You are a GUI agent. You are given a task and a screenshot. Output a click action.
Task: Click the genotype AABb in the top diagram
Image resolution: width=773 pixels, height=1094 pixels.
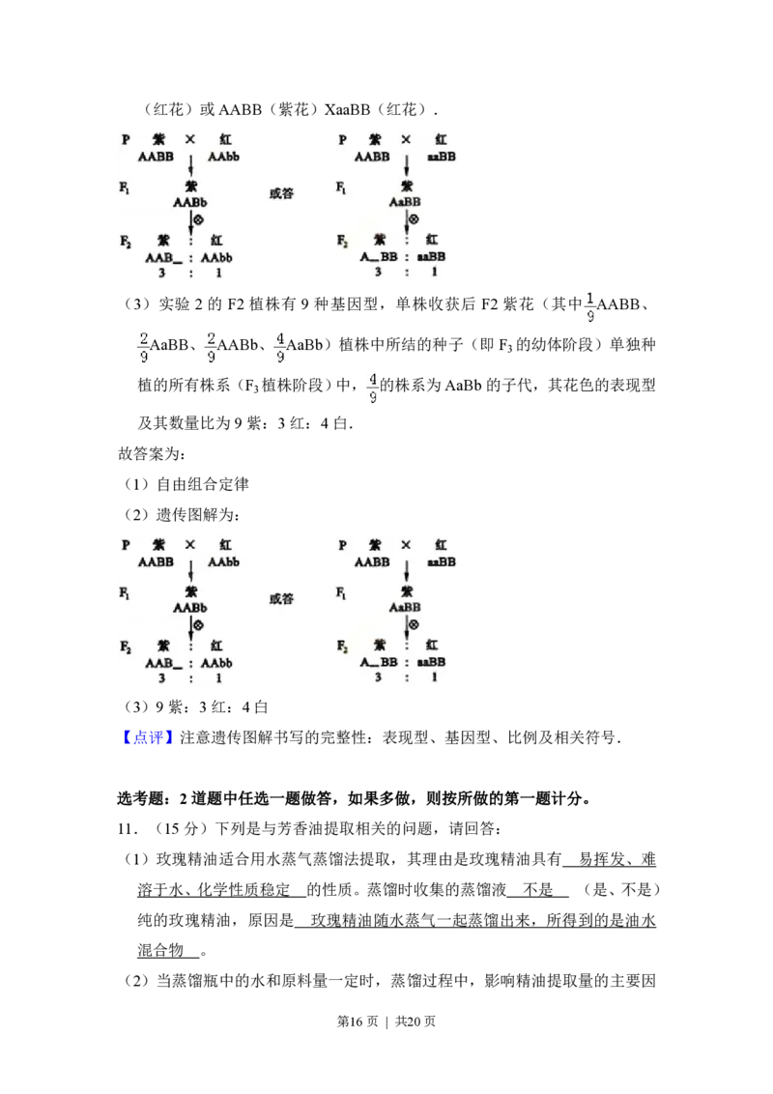(190, 203)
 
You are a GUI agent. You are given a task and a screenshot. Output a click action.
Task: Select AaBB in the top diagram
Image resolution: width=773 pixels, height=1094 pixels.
(405, 203)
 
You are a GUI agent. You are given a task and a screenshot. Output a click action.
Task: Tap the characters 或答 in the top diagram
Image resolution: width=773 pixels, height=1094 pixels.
(280, 193)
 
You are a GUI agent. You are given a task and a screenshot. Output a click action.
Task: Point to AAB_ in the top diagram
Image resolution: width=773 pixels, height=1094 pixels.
(163, 258)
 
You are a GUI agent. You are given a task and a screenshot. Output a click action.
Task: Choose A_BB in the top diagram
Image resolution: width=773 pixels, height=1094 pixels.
(379, 257)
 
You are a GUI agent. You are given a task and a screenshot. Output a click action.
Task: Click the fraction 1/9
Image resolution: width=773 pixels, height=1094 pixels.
(590, 305)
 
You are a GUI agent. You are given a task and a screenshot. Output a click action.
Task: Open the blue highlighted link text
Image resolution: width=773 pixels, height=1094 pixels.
(150, 738)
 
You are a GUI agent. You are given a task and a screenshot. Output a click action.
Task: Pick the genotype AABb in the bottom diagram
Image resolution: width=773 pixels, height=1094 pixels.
(190, 608)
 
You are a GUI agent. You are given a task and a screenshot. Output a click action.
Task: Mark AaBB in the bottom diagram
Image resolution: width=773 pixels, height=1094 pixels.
(405, 608)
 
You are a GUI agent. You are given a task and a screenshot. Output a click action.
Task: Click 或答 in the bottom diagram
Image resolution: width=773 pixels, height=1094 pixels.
(280, 599)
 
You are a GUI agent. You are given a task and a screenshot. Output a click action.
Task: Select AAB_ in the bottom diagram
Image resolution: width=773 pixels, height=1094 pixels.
(163, 663)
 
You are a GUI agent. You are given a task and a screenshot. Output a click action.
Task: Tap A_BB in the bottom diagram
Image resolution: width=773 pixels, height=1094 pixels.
(379, 662)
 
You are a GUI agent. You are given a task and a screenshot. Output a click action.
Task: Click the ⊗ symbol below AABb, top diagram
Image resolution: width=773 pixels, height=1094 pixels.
(198, 220)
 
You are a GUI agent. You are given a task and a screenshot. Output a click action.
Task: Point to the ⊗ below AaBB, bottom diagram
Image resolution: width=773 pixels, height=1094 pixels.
(414, 625)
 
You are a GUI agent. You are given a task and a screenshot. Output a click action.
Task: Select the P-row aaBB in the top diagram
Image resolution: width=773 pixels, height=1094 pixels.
(441, 157)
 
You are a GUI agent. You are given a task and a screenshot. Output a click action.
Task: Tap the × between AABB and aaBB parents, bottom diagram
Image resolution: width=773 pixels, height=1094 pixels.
(406, 545)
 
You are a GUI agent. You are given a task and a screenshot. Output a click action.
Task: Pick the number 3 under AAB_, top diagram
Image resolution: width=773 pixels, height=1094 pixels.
(161, 273)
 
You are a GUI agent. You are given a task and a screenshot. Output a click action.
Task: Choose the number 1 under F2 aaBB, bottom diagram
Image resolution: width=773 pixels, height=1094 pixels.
(434, 677)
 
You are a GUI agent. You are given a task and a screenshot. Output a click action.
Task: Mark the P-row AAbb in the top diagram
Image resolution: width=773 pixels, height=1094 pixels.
(223, 157)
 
